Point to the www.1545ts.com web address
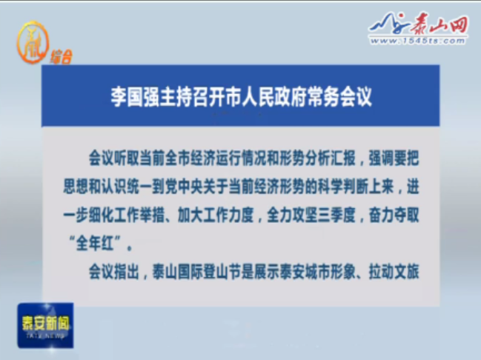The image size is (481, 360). point(418,41)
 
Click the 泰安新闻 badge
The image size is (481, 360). point(45,325)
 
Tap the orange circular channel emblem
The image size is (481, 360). point(33,42)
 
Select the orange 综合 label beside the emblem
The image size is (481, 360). point(61,57)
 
